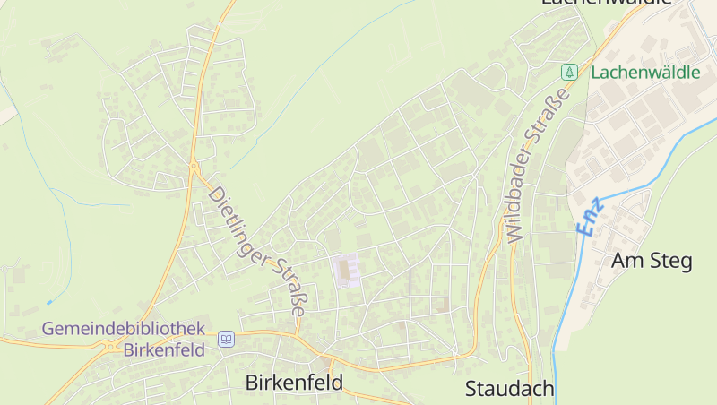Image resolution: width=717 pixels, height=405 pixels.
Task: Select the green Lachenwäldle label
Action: [x=645, y=73]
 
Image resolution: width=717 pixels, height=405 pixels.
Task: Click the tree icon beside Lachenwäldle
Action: [x=567, y=72]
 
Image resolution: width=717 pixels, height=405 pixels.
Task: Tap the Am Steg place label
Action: [x=652, y=262]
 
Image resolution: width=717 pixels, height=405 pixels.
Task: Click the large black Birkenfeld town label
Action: [x=294, y=383]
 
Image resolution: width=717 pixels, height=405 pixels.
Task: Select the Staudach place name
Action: [x=510, y=389]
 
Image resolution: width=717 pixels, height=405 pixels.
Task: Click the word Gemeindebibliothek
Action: [x=124, y=329]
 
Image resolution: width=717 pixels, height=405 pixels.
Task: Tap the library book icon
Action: [x=226, y=339]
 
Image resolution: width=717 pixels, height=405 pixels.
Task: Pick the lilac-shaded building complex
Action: [x=347, y=270]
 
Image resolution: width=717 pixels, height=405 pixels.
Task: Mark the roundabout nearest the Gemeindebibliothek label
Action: [x=115, y=343]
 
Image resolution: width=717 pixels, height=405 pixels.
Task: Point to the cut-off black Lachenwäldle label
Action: [x=606, y=3]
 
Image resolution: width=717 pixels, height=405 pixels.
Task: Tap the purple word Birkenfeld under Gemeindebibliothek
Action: [x=165, y=349]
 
